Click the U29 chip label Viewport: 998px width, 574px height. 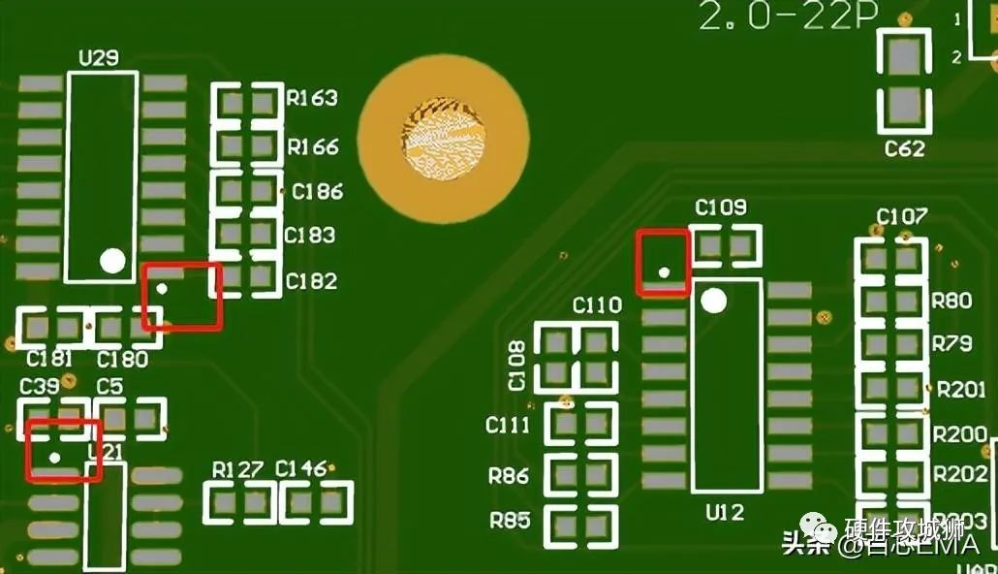pyautogui.click(x=98, y=58)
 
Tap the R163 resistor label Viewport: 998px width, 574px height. pyautogui.click(x=312, y=98)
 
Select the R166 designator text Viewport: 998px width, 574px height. pyautogui.click(x=313, y=147)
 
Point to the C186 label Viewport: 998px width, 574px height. pyautogui.click(x=318, y=192)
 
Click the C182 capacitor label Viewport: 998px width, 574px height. pyautogui.click(x=311, y=281)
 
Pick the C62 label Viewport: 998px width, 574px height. pyautogui.click(x=904, y=149)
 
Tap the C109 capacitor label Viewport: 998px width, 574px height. pyautogui.click(x=721, y=207)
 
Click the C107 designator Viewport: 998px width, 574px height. pyautogui.click(x=901, y=216)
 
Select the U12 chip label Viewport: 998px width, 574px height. pyautogui.click(x=725, y=513)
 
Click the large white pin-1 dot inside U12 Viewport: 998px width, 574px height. pyautogui.click(x=713, y=302)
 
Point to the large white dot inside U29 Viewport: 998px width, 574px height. pyautogui.click(x=112, y=260)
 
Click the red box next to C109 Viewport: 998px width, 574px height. pyautogui.click(x=663, y=263)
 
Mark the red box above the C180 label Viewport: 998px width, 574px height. pyautogui.click(x=182, y=296)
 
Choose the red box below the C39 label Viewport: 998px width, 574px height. pyautogui.click(x=63, y=450)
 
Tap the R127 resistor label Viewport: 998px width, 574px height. pyautogui.click(x=237, y=470)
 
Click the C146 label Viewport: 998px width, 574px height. pyautogui.click(x=301, y=470)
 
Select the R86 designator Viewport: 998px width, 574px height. pyautogui.click(x=509, y=476)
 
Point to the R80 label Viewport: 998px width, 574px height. pyautogui.click(x=951, y=302)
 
